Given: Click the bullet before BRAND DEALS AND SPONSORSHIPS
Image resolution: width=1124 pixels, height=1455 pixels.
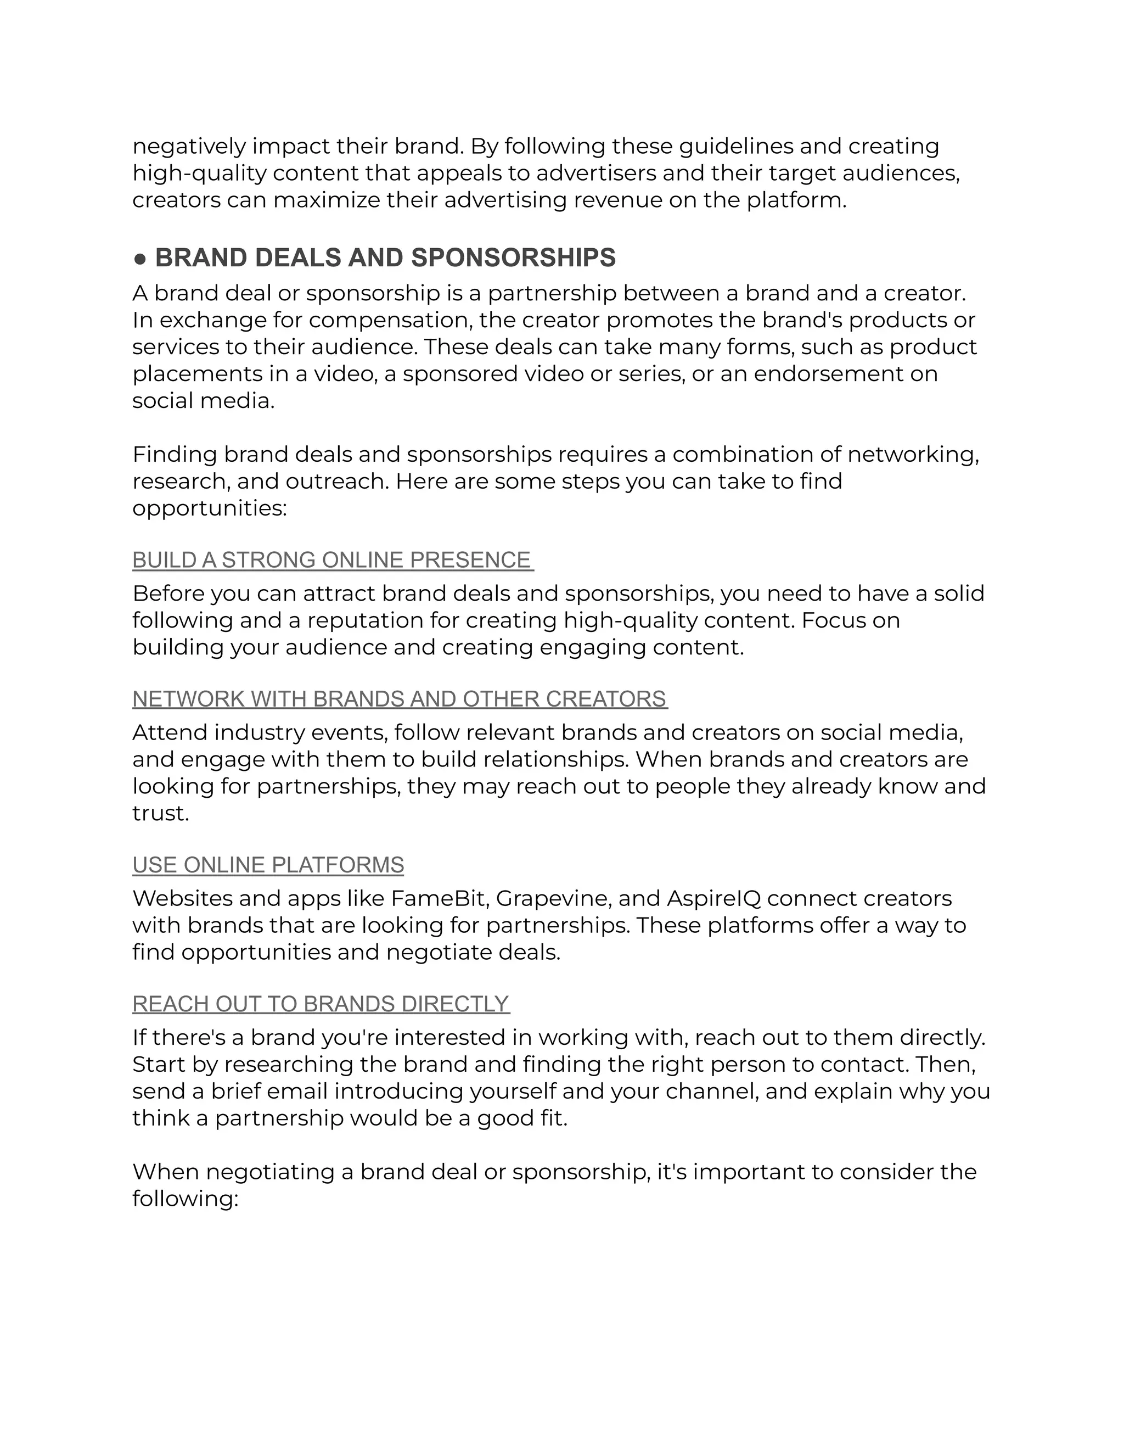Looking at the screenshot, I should pos(140,259).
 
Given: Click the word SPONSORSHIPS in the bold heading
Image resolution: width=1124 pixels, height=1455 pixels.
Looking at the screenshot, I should pos(513,259).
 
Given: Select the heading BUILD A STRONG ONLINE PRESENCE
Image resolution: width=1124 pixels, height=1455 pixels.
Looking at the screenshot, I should pos(331,560).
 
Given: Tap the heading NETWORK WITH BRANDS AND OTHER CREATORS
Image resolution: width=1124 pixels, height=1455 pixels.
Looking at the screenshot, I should pos(400,699).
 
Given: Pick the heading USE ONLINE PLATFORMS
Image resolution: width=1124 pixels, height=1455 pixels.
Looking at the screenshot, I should pos(268,865).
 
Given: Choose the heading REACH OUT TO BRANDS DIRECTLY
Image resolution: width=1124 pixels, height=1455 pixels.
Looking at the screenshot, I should pos(321,1004).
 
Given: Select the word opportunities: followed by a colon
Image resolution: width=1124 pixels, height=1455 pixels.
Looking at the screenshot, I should pos(209,509).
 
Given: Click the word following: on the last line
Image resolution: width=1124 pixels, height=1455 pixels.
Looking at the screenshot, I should pos(184,1199).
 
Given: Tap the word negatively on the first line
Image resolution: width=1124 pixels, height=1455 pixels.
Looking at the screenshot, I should pos(188,147).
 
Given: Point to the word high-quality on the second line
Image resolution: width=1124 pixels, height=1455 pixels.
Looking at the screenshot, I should pos(199,173).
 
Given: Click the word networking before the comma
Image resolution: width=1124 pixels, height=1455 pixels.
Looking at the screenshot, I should pos(911,455).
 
